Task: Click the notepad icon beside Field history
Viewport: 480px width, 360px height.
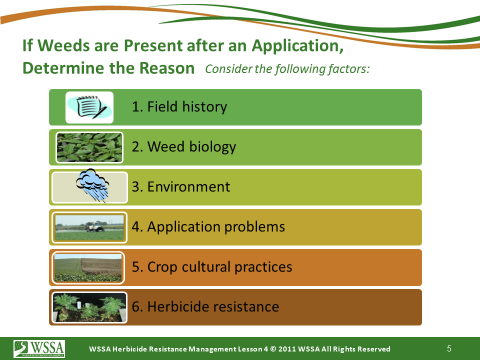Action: pyautogui.click(x=89, y=107)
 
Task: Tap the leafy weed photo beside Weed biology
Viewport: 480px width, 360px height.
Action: pyautogui.click(x=89, y=147)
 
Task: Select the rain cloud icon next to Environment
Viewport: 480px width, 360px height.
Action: pyautogui.click(x=92, y=185)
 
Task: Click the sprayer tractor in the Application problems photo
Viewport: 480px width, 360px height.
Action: pyautogui.click(x=95, y=226)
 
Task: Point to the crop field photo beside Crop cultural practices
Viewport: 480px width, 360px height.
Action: pyautogui.click(x=88, y=268)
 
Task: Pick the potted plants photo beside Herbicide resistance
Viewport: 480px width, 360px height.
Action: pyautogui.click(x=89, y=307)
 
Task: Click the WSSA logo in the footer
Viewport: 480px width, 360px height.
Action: pyautogui.click(x=39, y=348)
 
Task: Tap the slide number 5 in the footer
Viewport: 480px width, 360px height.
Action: pyautogui.click(x=449, y=348)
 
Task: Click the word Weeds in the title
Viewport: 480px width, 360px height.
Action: pyautogui.click(x=63, y=45)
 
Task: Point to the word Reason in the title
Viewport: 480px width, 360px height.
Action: pyautogui.click(x=167, y=68)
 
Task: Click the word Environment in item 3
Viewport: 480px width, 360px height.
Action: pyautogui.click(x=188, y=186)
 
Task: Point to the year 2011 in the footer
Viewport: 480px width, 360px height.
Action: pyautogui.click(x=286, y=349)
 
